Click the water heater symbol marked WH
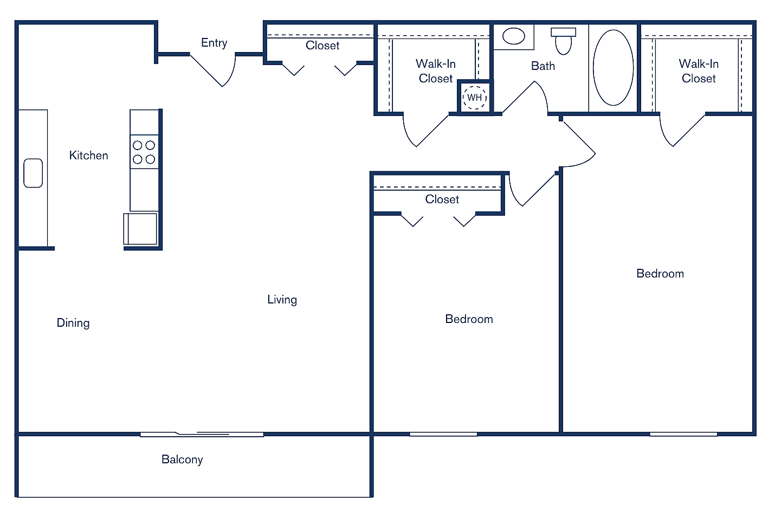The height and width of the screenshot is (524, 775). tap(475, 98)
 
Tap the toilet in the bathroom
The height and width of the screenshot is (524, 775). tap(564, 41)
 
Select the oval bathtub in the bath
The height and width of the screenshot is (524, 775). tap(613, 68)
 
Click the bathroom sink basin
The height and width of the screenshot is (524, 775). tap(513, 36)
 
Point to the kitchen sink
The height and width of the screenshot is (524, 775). tap(33, 173)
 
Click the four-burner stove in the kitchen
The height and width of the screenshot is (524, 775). tap(144, 152)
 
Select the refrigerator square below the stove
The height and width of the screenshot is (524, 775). tap(141, 229)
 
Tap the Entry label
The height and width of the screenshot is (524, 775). tap(214, 43)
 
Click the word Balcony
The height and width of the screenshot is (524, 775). tap(182, 460)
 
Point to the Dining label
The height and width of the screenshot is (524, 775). tap(73, 323)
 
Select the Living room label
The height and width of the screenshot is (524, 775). tap(282, 300)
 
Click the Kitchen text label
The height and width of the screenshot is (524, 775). tap(88, 156)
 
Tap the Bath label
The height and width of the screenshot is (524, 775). tap(542, 66)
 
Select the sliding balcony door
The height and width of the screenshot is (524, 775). tap(202, 434)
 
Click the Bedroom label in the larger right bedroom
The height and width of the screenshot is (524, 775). tap(660, 274)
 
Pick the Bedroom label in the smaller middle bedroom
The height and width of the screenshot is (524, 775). tap(469, 319)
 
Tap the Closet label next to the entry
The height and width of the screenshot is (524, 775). tap(322, 46)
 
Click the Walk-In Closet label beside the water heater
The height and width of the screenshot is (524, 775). tap(435, 71)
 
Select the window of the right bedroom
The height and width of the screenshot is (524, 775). tap(683, 434)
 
